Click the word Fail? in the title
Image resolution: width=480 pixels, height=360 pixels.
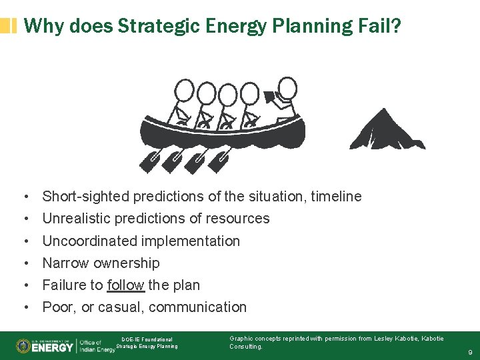[378, 26]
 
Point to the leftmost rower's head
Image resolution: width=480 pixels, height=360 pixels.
[184, 89]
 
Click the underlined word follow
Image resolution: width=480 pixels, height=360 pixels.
[125, 285]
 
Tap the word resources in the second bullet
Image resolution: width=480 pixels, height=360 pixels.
[238, 219]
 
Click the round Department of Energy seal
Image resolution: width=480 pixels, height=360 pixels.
[23, 346]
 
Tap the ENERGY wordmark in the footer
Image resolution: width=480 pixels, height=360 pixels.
[52, 347]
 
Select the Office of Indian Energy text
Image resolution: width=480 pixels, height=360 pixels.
[97, 347]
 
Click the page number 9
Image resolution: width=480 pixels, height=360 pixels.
[470, 352]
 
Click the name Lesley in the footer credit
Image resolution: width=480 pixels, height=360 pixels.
[387, 339]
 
